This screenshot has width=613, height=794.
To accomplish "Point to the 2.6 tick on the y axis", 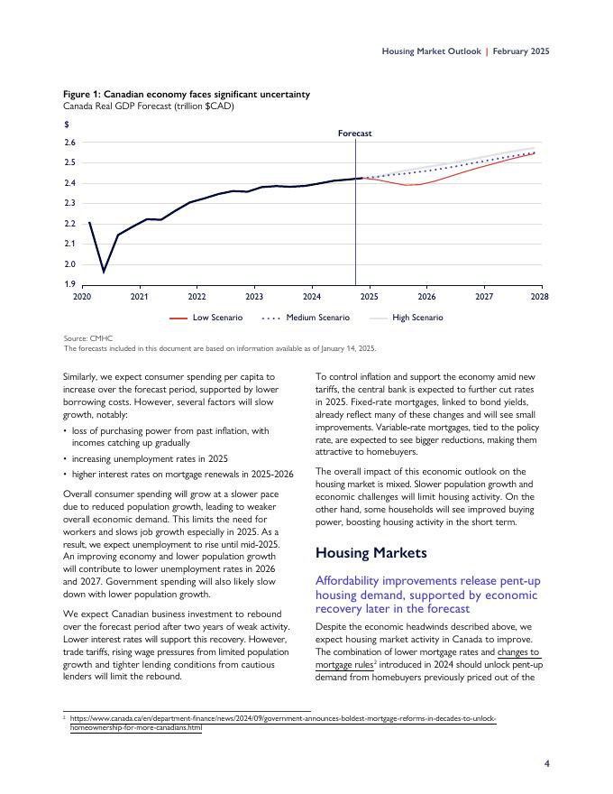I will pos(69,143).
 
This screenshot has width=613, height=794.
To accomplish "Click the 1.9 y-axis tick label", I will pos(69,284).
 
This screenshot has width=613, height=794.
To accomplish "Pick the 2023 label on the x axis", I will pos(254,296).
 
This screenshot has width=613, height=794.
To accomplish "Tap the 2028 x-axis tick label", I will pos(540,296).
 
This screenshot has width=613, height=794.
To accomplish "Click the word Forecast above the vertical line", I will pos(355,134).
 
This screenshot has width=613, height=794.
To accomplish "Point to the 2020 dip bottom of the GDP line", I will pos(104,271).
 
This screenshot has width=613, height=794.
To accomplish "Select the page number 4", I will pos(546,763).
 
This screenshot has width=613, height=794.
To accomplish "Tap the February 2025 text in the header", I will pos(521,51).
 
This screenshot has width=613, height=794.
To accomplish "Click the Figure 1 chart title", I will pos(186,94).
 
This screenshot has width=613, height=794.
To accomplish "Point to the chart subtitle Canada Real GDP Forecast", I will pos(148,106).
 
